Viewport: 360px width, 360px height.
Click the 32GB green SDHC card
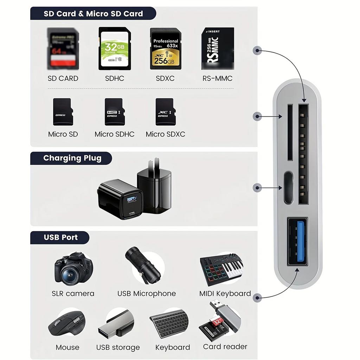(115, 49)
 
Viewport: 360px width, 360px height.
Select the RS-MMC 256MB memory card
(217, 49)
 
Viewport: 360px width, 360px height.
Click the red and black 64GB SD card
(63, 49)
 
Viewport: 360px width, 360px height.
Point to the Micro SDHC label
(115, 134)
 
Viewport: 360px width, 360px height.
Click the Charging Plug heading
(72, 158)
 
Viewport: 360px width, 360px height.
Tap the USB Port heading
(60, 237)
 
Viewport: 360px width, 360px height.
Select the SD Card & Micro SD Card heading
(93, 14)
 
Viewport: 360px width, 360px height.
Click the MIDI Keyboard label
(225, 294)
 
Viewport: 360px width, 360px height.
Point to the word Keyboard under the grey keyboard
(173, 347)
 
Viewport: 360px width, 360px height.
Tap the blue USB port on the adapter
(298, 243)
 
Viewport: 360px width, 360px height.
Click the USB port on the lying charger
(132, 200)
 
